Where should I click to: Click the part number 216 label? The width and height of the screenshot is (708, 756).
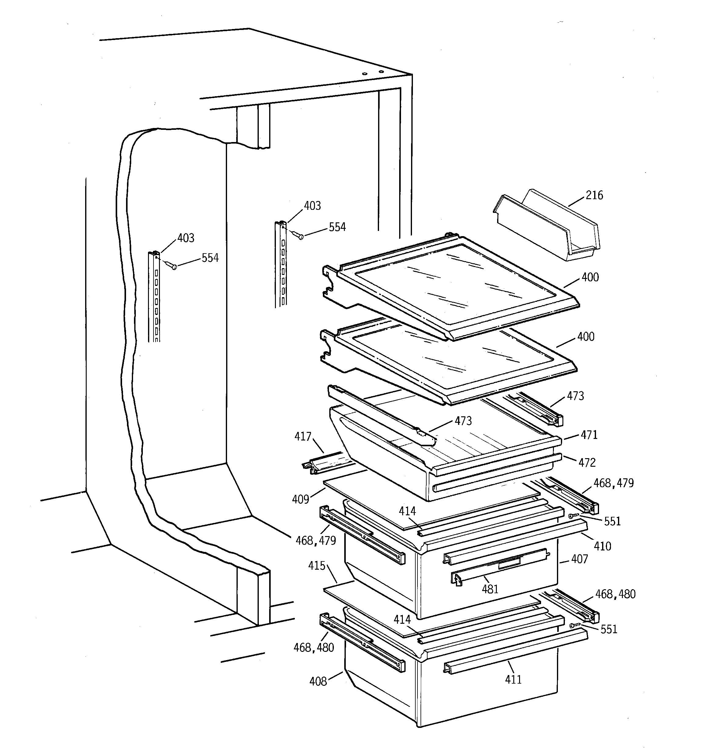click(594, 195)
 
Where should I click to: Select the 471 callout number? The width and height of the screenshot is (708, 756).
click(589, 435)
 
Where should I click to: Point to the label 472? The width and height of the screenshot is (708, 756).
click(587, 462)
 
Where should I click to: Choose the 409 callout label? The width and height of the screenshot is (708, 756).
click(300, 499)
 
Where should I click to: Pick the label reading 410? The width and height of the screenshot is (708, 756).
click(602, 546)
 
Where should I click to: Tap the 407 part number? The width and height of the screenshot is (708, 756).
click(579, 559)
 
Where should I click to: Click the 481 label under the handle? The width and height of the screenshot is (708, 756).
click(490, 589)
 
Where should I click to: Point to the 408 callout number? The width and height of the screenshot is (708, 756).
click(318, 681)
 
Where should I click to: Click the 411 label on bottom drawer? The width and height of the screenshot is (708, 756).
click(513, 679)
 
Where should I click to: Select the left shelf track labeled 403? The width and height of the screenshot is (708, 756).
click(154, 297)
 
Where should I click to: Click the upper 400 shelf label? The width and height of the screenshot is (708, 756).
click(590, 277)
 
